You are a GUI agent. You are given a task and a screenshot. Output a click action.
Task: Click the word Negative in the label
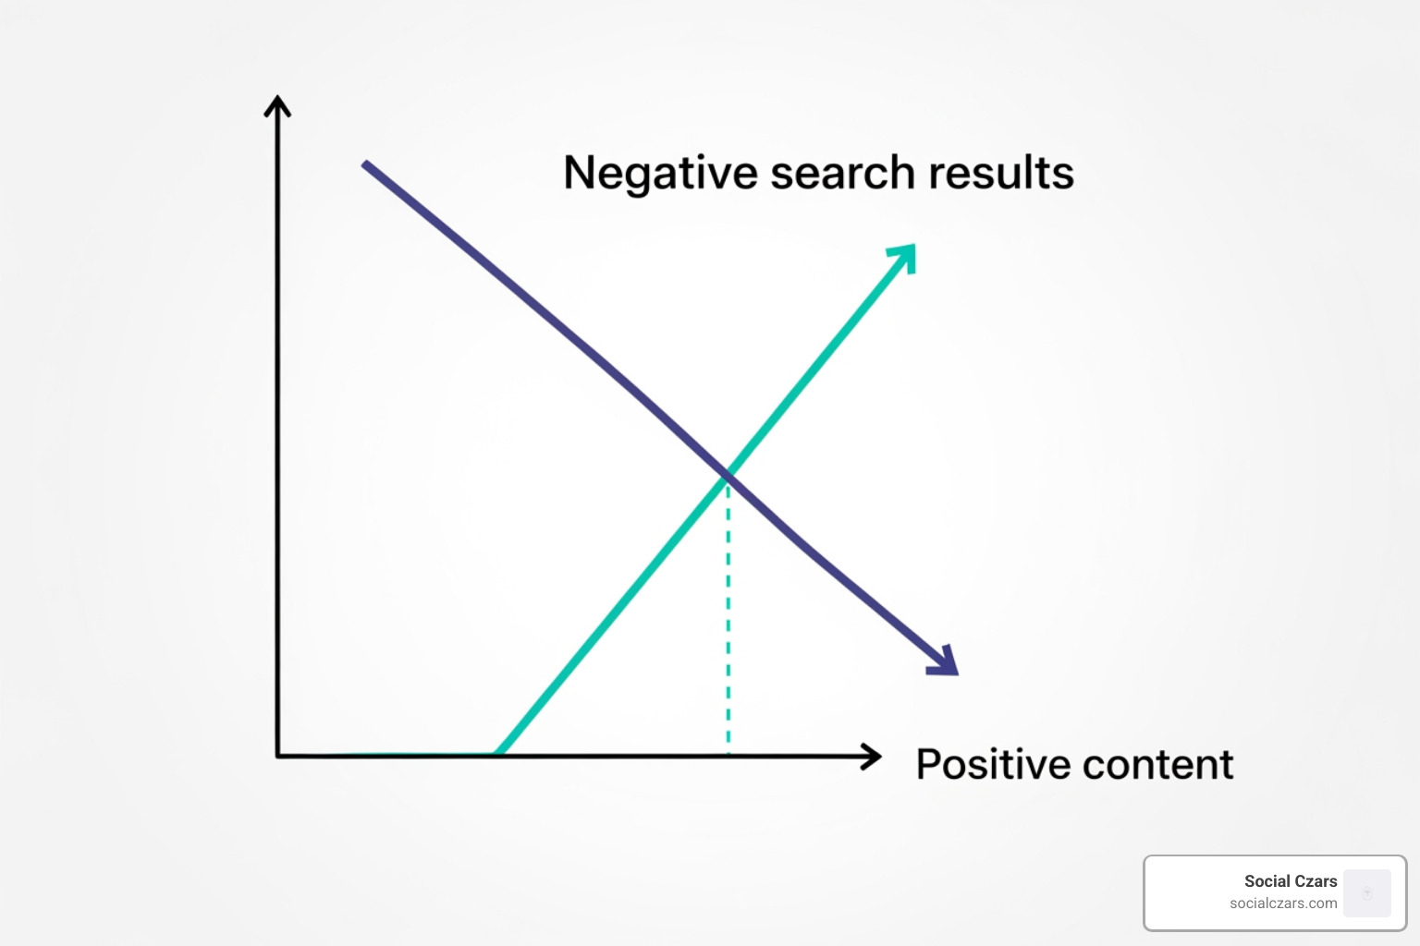(x=660, y=173)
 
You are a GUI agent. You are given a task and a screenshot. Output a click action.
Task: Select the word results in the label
(x=1001, y=173)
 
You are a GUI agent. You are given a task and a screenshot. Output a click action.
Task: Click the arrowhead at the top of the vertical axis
(x=277, y=105)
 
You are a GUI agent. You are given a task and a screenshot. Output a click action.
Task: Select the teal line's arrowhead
(x=905, y=255)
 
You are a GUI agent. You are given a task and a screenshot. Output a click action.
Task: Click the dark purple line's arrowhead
(x=946, y=662)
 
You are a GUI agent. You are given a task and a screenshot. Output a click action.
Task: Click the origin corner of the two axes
(x=278, y=756)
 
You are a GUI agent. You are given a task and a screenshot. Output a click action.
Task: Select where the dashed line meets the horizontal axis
(x=728, y=755)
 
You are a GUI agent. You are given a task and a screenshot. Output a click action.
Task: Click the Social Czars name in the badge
(x=1290, y=881)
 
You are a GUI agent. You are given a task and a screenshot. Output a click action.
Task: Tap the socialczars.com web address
(x=1282, y=904)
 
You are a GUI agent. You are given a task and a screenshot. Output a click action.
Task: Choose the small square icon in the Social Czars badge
(x=1366, y=893)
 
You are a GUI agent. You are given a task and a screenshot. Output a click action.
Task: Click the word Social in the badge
(x=1266, y=881)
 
